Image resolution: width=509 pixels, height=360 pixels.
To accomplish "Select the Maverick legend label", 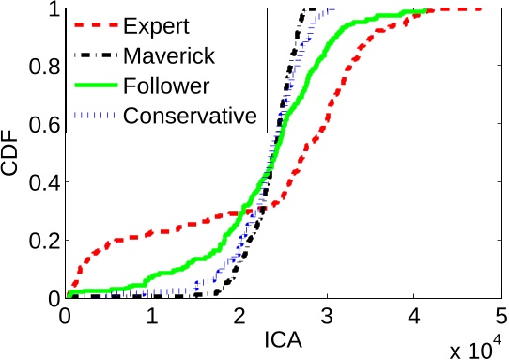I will coord(168,55).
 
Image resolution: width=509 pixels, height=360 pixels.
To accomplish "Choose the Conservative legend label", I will coord(190,117).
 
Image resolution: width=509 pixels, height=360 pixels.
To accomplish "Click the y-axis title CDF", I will coord(13,154).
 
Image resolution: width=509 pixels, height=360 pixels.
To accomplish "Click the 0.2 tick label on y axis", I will coord(40,241).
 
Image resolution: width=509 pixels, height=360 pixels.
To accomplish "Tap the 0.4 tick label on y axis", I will coord(40,182).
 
